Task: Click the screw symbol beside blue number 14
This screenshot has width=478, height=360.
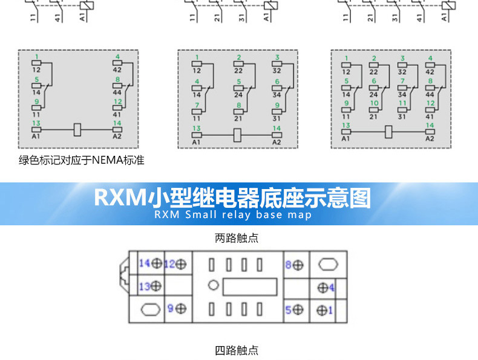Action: coord(157,263)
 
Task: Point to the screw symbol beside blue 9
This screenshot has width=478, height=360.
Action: coord(180,309)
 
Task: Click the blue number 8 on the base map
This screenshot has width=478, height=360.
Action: coord(289,264)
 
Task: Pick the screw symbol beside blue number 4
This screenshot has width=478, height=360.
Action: coord(322,287)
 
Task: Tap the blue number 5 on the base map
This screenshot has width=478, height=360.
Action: coord(289,309)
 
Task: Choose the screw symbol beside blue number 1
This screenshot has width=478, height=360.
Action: coord(321,310)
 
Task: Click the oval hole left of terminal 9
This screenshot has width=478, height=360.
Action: coord(149,309)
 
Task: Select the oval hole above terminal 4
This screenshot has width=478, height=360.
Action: coord(327,264)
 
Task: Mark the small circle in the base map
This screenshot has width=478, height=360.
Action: coord(212,286)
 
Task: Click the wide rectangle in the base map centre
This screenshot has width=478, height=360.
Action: coord(250,286)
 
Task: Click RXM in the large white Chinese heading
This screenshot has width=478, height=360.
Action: coord(121,198)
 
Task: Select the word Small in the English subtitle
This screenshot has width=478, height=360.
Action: coord(201,214)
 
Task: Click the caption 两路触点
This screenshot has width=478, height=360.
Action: coord(237,238)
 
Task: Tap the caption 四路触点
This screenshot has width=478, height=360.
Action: coord(237,350)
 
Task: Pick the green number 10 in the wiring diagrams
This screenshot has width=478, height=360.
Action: coord(374,103)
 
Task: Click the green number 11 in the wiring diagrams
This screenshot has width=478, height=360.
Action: coord(402,103)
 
